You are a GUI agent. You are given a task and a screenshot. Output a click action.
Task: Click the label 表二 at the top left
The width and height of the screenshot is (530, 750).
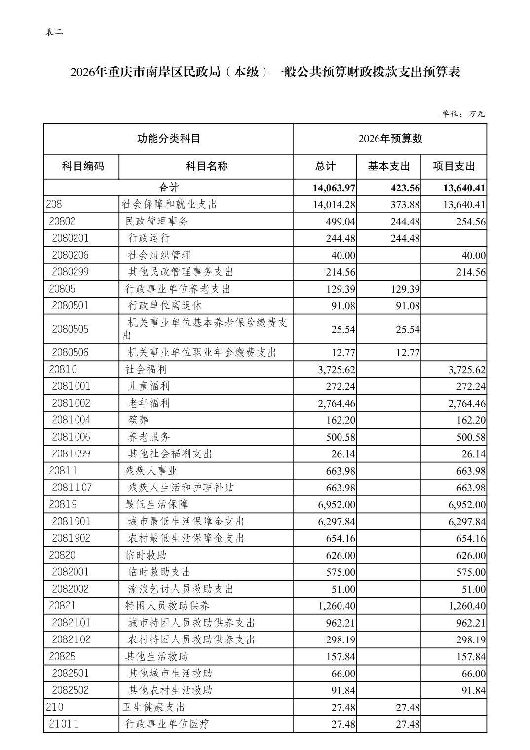point(54,32)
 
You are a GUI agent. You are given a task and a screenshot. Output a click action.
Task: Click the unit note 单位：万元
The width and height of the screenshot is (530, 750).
point(463,113)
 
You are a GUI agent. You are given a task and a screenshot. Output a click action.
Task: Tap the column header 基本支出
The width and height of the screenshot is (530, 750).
point(389,166)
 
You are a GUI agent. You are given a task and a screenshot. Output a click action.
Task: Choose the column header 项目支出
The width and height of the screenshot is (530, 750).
point(454,166)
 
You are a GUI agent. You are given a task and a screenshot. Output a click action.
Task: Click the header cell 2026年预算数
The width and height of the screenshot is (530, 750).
point(390,139)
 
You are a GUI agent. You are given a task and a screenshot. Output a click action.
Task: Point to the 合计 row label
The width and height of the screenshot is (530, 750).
point(169,188)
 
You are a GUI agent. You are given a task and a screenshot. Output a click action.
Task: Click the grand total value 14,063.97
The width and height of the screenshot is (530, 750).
point(334,188)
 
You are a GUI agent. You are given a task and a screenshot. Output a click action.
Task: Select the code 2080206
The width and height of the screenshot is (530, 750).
point(70,255)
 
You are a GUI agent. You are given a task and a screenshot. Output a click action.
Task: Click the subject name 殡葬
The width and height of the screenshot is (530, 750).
point(138,420)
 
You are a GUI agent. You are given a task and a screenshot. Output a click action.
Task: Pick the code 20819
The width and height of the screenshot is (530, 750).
point(63,504)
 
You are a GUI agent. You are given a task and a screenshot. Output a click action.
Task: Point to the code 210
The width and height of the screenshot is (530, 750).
point(54,707)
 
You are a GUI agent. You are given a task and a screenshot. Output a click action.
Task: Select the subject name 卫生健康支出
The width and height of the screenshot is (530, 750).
point(153,707)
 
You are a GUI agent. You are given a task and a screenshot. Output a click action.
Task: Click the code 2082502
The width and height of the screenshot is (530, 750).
point(70,690)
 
